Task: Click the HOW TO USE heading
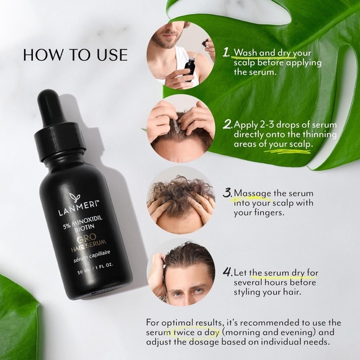tap(75, 55)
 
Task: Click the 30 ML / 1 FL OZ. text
tap(96, 269)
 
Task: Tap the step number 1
tap(226, 52)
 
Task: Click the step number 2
tap(228, 124)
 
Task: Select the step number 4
tap(228, 272)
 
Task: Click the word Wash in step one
tap(245, 53)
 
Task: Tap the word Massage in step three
tap(253, 194)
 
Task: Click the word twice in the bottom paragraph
tap(184, 332)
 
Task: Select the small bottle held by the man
tap(189, 69)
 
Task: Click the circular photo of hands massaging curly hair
tap(181, 200)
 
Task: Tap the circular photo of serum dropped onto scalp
tap(181, 128)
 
